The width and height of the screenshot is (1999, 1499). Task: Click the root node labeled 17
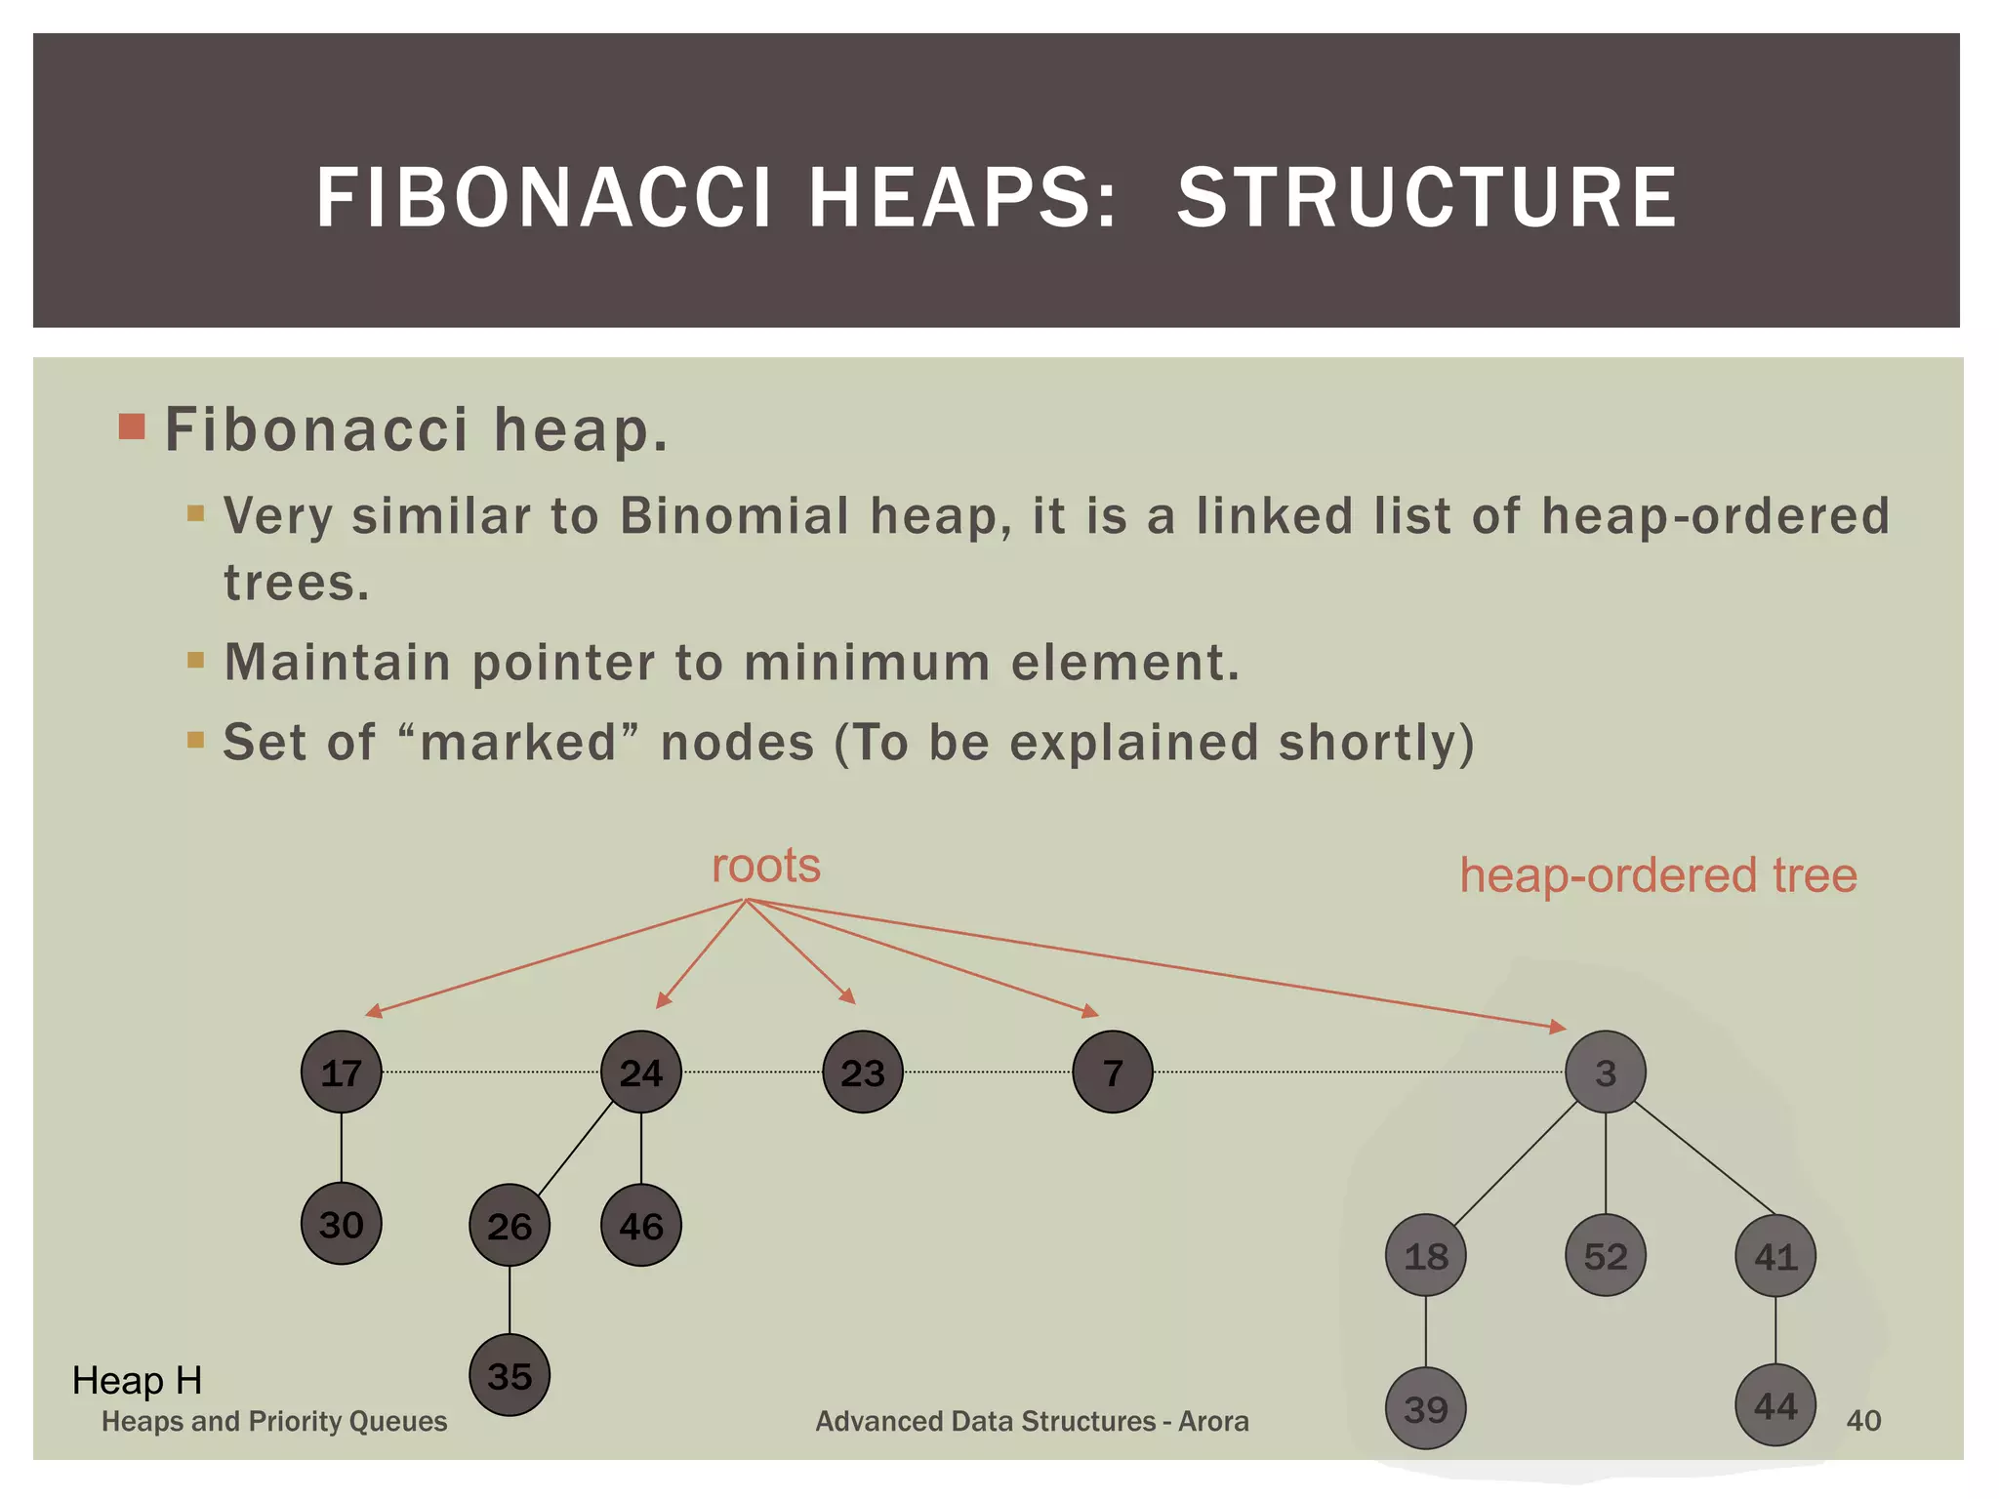341,1073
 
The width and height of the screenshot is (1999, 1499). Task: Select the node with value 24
640,1073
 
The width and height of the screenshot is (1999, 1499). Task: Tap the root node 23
863,1073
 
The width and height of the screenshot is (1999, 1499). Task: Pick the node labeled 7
1113,1073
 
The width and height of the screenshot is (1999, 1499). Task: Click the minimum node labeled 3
1606,1073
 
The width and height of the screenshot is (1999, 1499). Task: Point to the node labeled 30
341,1224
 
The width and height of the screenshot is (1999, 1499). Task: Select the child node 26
510,1226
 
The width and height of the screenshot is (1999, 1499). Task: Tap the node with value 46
640,1226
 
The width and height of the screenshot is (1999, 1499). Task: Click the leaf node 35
510,1376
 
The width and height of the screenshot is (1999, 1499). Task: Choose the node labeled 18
1426,1256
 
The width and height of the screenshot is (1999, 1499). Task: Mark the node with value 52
1606,1256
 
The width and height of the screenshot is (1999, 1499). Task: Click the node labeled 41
1775,1256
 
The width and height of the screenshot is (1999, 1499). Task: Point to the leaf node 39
1426,1408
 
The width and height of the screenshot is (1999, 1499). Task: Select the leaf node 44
1775,1405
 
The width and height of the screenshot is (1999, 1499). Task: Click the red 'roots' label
766,866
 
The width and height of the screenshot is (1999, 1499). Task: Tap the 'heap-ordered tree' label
1658,875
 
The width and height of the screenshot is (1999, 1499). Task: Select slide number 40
1863,1421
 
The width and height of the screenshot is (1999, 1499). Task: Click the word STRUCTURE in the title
1427,198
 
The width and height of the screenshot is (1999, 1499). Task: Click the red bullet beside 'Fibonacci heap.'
132,427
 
